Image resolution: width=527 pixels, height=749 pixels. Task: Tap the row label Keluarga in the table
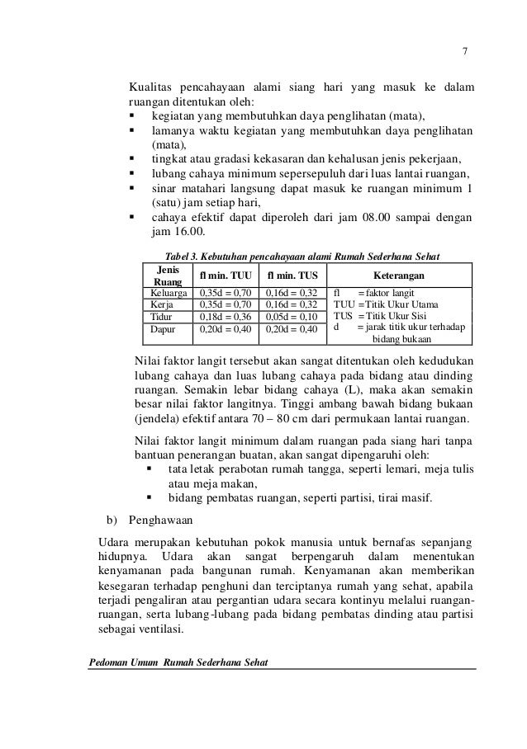(x=167, y=292)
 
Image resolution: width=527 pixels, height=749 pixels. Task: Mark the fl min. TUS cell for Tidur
(x=292, y=316)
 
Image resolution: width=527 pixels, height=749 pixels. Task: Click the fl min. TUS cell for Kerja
(x=292, y=304)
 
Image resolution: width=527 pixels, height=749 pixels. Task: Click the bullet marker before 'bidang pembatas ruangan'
(x=150, y=498)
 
